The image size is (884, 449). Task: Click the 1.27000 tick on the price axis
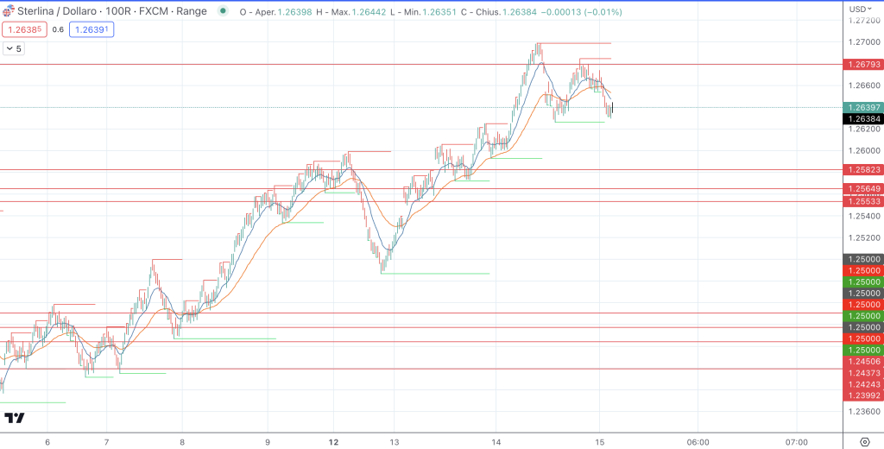[862, 42]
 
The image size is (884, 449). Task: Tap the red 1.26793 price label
[862, 64]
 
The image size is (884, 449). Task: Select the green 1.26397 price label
[862, 107]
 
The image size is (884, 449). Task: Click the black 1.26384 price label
[862, 119]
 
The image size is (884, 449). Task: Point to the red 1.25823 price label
[862, 170]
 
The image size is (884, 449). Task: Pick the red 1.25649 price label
[862, 189]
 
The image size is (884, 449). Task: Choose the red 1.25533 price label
[862, 201]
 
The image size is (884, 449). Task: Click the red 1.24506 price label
[862, 362]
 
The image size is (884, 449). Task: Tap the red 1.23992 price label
[862, 395]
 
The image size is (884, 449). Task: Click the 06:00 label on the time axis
[698, 441]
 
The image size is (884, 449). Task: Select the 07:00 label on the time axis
[797, 441]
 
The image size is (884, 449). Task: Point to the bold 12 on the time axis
[333, 441]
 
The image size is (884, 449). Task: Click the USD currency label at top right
[858, 9]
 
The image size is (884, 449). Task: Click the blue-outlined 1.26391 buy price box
[92, 29]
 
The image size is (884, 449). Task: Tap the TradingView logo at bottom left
[15, 419]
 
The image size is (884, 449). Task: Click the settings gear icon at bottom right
[864, 441]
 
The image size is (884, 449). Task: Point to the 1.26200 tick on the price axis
[862, 129]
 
